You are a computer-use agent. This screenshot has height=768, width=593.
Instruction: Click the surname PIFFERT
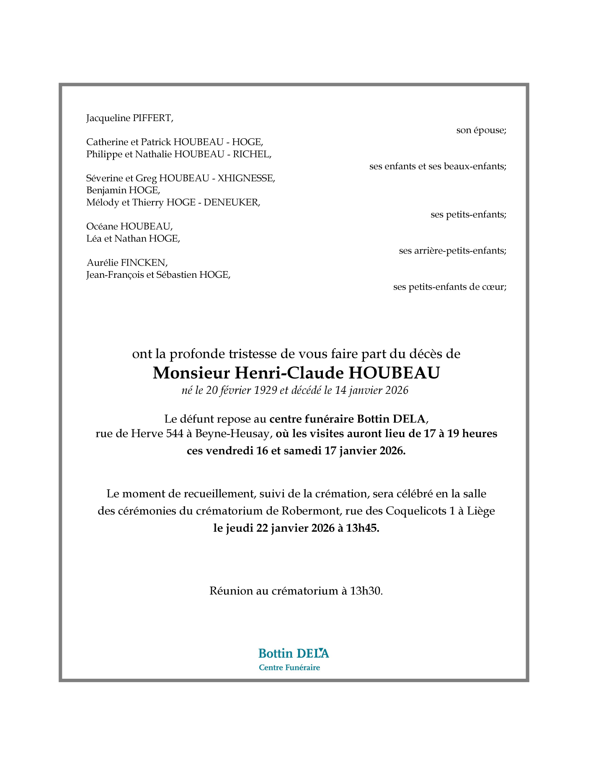coord(152,118)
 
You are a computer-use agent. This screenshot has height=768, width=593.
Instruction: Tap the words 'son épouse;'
coord(481,130)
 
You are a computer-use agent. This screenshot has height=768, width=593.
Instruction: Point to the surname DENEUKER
coord(232,203)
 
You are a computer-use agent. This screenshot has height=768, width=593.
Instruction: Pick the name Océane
coord(102,227)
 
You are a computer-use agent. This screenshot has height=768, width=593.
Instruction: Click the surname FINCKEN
coord(144,263)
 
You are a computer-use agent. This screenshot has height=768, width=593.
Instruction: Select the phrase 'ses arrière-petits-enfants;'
coord(452,251)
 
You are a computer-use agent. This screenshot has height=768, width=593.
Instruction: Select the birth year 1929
coord(266,390)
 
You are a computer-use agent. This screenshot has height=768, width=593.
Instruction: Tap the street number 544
coord(175,434)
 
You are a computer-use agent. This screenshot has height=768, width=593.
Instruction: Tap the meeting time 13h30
coord(366,591)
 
